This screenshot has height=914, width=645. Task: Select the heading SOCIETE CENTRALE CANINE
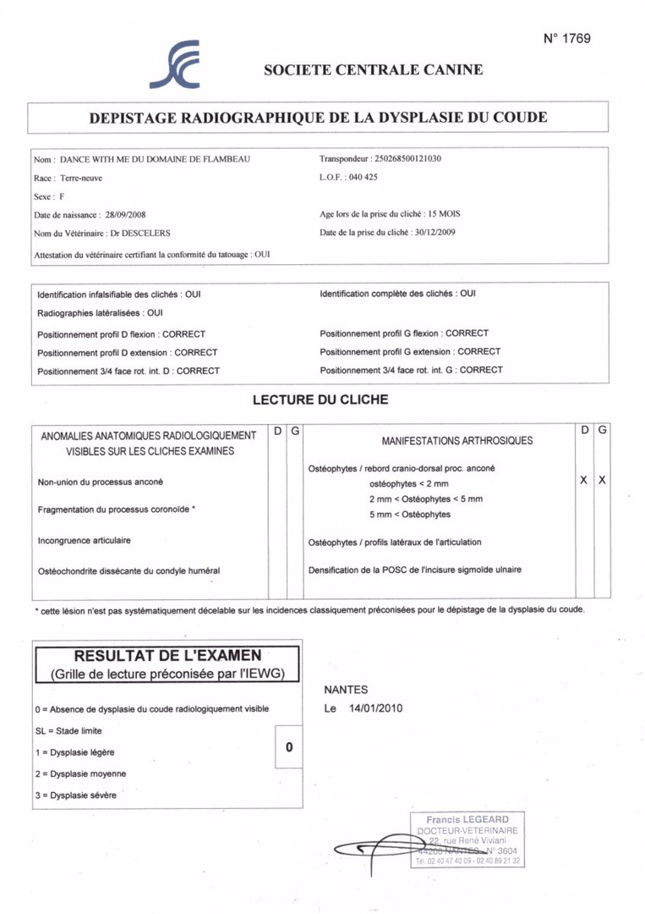[373, 70]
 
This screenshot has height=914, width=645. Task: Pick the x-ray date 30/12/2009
[431, 233]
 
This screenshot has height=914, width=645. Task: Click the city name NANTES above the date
[344, 691]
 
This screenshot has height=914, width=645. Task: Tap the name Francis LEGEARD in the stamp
[467, 820]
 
